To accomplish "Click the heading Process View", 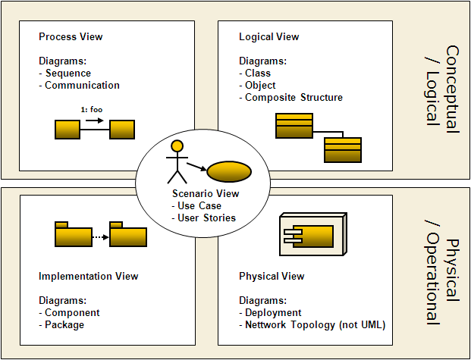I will tap(71, 36).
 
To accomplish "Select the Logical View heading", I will tap(269, 36).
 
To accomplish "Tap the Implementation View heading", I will tap(88, 276).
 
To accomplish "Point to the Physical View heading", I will tap(272, 276).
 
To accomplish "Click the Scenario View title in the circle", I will tap(206, 193).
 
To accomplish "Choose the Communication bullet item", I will tap(82, 86).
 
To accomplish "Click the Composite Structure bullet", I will tap(294, 98).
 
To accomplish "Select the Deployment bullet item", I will tap(273, 313).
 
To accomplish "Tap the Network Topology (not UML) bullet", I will tap(315, 325).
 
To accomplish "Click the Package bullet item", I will tap(64, 325).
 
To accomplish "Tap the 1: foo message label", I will tap(92, 110).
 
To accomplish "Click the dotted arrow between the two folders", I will tap(96, 236).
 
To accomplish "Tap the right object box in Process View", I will tap(121, 130).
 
